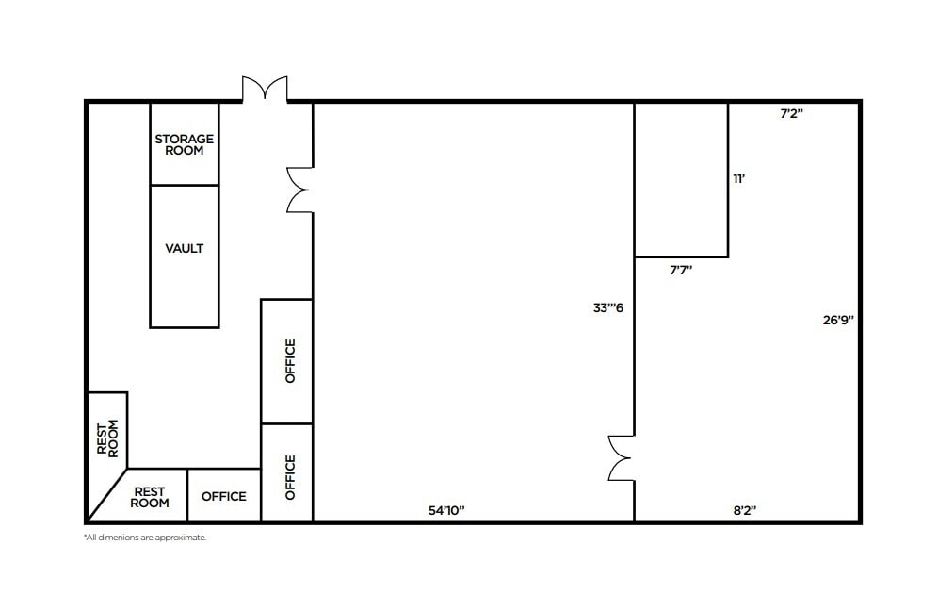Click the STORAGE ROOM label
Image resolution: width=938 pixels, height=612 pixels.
[185, 144]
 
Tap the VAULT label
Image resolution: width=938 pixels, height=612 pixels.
[185, 249]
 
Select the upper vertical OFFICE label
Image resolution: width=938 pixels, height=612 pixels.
[290, 360]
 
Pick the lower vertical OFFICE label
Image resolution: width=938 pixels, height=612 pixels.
[290, 477]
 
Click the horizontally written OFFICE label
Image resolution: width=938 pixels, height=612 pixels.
[224, 496]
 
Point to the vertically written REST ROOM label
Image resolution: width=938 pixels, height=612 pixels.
[107, 438]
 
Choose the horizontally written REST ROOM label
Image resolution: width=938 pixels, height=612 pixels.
[151, 497]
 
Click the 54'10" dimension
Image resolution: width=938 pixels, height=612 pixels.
[447, 510]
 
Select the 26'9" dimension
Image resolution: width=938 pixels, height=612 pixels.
[838, 320]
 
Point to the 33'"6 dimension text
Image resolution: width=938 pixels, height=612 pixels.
[606, 306]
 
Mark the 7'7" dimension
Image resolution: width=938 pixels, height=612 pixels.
[681, 270]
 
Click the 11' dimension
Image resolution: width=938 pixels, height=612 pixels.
[739, 178]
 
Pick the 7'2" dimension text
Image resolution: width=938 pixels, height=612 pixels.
[791, 113]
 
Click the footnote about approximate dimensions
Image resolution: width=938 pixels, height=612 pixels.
[145, 538]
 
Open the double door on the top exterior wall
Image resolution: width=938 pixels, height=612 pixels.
[265, 90]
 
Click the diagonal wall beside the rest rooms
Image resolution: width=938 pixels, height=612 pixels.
[107, 494]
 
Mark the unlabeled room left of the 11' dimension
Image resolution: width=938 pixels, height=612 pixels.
[681, 179]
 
